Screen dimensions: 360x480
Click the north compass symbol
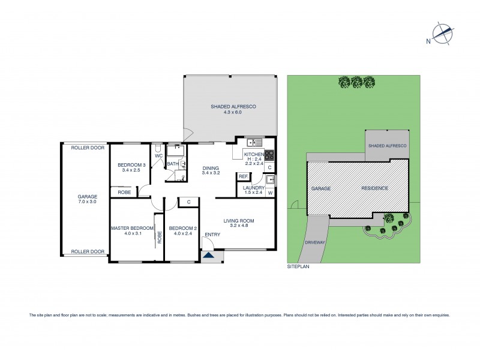click(x=442, y=34)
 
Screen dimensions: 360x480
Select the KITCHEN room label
click(x=253, y=154)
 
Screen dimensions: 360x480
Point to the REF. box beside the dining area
click(x=243, y=176)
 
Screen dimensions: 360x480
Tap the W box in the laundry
click(x=270, y=193)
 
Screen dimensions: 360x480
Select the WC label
click(x=159, y=156)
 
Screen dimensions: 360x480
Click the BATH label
click(x=172, y=163)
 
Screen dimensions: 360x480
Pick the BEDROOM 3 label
click(x=131, y=165)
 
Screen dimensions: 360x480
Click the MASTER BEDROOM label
click(x=132, y=228)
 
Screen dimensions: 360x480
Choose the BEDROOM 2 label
click(x=182, y=228)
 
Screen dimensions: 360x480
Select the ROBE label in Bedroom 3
click(x=125, y=192)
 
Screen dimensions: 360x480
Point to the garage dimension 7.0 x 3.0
click(x=87, y=202)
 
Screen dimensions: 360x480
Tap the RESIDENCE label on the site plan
click(x=374, y=188)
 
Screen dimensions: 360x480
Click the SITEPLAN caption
click(x=298, y=264)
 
